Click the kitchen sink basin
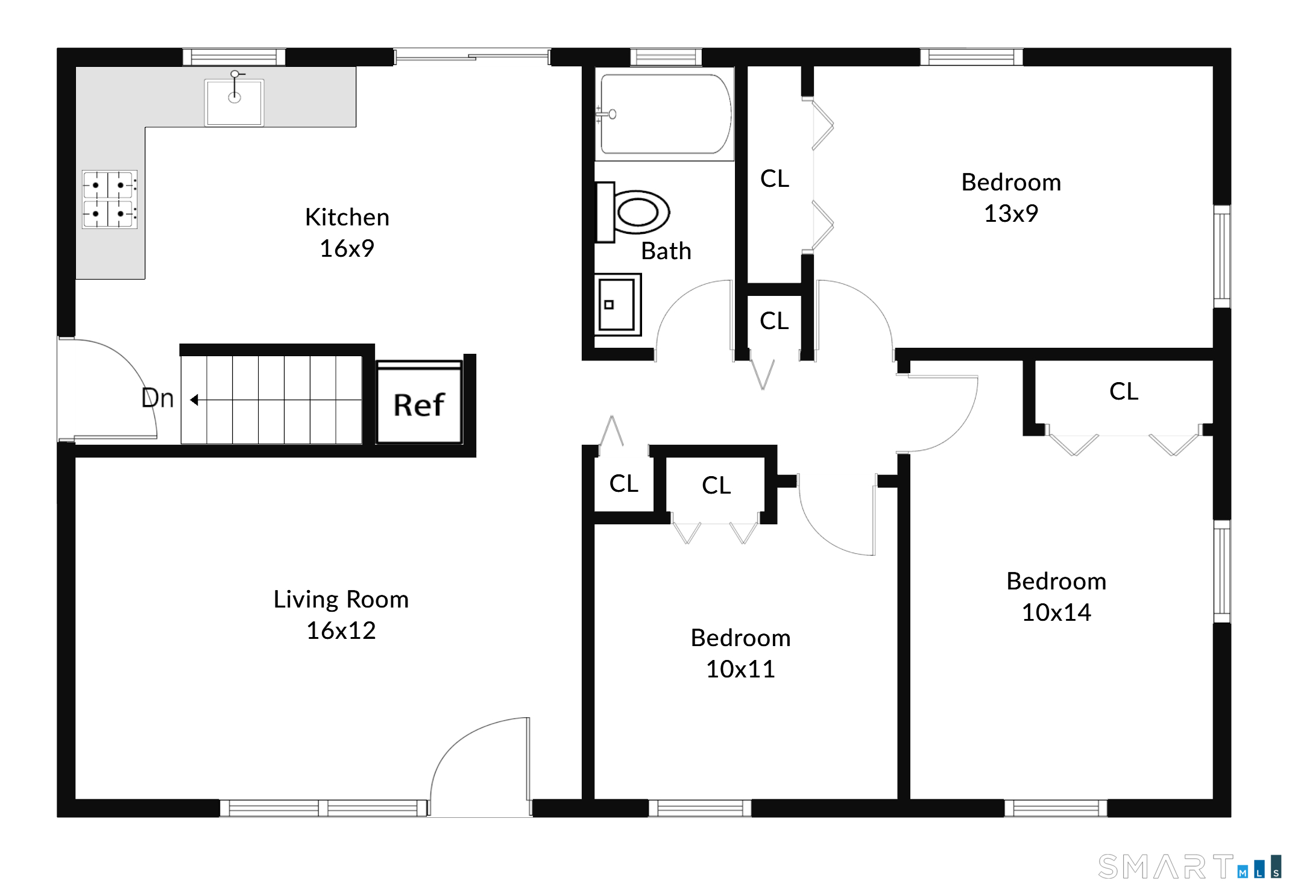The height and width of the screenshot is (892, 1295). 234,102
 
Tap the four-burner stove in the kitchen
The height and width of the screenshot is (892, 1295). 110,199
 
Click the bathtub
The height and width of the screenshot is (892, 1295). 665,115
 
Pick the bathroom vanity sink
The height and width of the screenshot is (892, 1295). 617,305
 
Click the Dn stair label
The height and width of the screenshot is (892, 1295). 157,398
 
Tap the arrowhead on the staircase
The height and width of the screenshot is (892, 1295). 194,400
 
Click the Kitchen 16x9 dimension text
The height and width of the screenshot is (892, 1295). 347,248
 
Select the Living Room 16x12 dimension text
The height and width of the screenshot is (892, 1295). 341,630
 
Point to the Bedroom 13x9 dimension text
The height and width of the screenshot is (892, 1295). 1011,213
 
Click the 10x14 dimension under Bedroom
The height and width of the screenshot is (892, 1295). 1056,612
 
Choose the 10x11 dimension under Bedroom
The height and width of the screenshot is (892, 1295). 740,669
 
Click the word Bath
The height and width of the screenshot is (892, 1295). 666,251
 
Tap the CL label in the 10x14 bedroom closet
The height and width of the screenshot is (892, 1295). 1123,391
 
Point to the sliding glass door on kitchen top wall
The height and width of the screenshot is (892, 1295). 472,57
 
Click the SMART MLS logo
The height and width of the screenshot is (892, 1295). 1188,867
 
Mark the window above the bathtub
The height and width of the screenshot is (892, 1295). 666,57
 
